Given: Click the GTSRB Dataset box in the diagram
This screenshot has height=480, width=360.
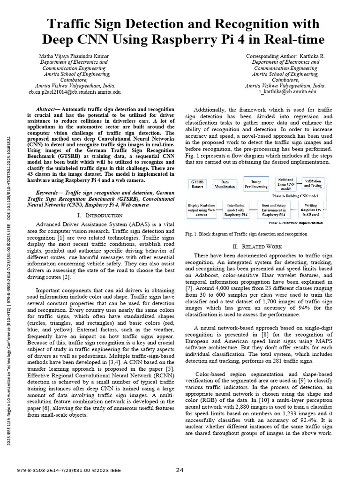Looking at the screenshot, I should tap(196, 184).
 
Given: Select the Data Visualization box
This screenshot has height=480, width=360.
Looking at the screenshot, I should tap(225, 184).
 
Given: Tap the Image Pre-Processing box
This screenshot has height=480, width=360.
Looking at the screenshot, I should tap(255, 184).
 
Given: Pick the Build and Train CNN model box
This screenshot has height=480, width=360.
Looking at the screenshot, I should tap(286, 183).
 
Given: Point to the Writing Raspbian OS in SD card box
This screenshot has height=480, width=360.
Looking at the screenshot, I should tap(311, 209).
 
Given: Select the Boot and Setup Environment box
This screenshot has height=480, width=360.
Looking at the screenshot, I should tap(274, 209).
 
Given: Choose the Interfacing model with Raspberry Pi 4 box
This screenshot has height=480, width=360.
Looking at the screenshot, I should tap(237, 209).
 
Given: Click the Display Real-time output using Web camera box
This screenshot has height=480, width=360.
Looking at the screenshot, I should tap(202, 209).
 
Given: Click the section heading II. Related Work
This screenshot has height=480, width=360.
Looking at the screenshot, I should tap(257, 246).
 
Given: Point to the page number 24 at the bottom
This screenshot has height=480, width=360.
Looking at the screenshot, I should tap(180, 470).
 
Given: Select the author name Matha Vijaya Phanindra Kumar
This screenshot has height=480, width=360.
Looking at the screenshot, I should tap(74, 56).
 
